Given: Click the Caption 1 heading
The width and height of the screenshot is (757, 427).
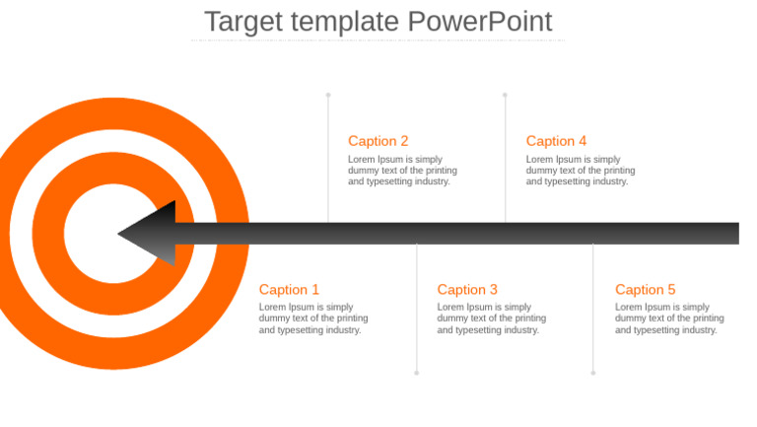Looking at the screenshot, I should [x=289, y=290].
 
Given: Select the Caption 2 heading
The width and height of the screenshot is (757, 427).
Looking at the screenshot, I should [x=378, y=141].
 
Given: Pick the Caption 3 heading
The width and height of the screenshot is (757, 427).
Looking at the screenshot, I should [x=467, y=290].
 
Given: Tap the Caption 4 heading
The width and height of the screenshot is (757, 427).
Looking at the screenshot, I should [x=556, y=141].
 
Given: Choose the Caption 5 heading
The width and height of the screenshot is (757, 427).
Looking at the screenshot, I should [x=646, y=290].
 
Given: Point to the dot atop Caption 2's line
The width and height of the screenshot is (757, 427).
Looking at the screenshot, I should [x=328, y=96].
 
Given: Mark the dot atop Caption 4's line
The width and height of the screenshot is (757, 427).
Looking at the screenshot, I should [x=505, y=96].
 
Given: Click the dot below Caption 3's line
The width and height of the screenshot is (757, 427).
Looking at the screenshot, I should [x=417, y=373].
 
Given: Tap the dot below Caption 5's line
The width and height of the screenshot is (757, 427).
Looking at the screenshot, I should [x=593, y=373].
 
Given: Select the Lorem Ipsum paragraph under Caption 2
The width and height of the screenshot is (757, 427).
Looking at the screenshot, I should [x=402, y=171].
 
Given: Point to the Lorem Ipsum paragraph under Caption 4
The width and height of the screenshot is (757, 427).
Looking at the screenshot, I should [x=581, y=171].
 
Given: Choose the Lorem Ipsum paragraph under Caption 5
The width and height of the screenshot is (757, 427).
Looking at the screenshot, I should [x=669, y=319].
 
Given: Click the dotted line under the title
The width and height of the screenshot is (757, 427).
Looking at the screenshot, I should [x=378, y=40].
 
